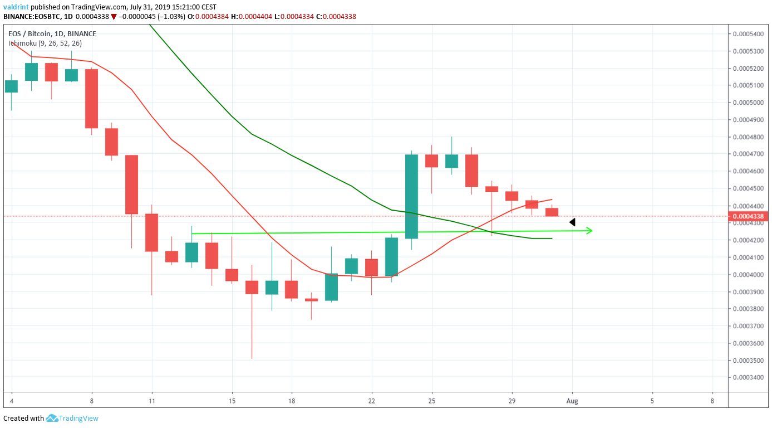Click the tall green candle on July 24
coord(411,196)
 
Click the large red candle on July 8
coord(91,99)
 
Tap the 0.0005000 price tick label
coord(748,103)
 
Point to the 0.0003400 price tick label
coord(748,377)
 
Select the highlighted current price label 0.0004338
coord(748,216)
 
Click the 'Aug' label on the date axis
coord(572,401)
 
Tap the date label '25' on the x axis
coord(431,401)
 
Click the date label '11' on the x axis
coord(151,401)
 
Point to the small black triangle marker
coord(572,222)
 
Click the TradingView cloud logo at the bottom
coord(52,418)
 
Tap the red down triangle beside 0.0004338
coord(114,17)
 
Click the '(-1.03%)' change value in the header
coord(169,17)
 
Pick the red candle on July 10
coord(131,184)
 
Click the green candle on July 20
coord(331,287)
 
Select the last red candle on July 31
coord(552,212)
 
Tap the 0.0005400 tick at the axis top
coord(748,34)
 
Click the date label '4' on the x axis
coord(11,401)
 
